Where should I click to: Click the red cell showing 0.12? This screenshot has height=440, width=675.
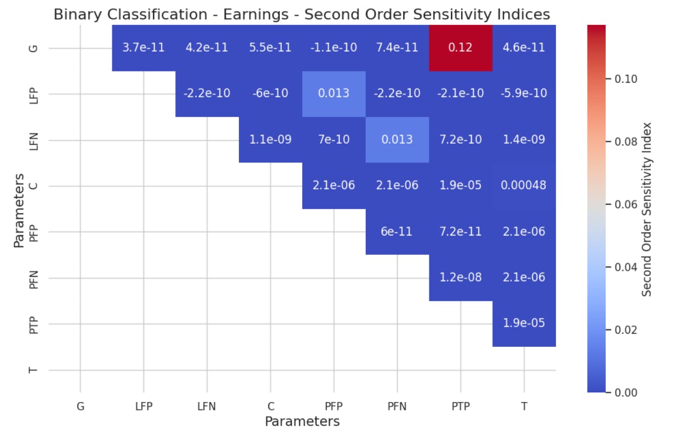click(x=461, y=48)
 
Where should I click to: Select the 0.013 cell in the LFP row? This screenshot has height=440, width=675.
click(x=334, y=94)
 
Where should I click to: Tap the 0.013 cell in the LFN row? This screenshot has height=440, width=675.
click(x=397, y=140)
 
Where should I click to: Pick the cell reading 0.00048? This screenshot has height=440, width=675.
click(x=524, y=186)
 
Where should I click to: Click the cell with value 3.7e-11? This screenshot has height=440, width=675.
click(x=144, y=48)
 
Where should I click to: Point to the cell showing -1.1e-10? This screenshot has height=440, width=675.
click(x=334, y=48)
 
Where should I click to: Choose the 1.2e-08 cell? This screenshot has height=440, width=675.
click(x=461, y=278)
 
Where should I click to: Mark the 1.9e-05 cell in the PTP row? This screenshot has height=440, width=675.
click(x=524, y=324)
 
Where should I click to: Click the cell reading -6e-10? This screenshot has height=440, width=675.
click(x=271, y=94)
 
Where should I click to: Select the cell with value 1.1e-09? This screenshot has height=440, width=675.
click(x=271, y=140)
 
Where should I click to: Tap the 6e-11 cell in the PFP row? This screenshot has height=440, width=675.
click(x=397, y=232)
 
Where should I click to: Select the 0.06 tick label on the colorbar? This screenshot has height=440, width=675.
click(x=626, y=204)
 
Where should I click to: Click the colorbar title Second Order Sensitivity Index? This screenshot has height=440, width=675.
click(x=647, y=209)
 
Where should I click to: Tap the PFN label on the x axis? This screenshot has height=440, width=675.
click(x=397, y=407)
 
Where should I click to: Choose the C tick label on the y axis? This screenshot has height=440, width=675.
click(x=33, y=186)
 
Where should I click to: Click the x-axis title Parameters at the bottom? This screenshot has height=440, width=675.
click(x=302, y=422)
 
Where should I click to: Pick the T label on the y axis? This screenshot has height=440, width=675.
click(x=33, y=370)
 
